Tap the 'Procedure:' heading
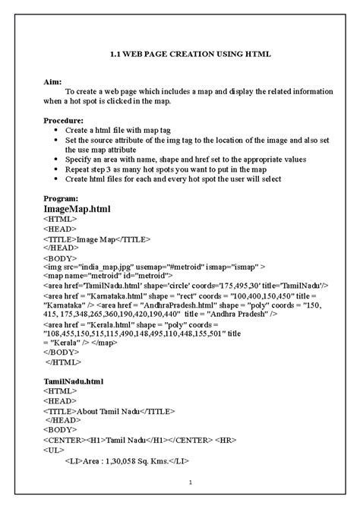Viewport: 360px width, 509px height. coord(63,120)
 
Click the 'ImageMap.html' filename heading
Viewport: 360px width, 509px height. coord(77,208)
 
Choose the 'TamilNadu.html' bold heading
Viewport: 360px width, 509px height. coord(74,380)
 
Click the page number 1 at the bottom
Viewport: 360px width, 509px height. coord(191,483)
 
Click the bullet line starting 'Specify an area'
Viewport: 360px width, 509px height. coord(185,160)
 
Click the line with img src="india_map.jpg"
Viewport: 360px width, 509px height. coord(154,267)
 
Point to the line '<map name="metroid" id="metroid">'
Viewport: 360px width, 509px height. coord(109,277)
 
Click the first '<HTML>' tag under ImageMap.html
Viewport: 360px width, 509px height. coord(60,218)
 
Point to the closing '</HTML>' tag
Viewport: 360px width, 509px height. coord(63,362)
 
